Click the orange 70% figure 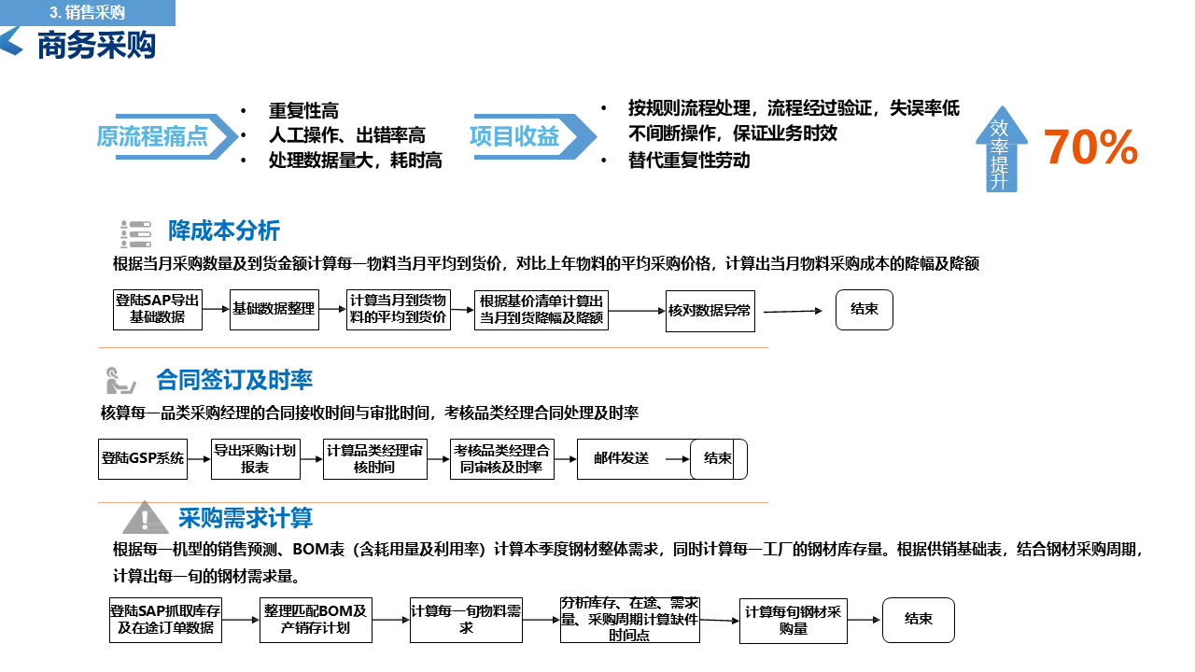pyautogui.click(x=1090, y=147)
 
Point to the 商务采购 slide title pyautogui.click(x=96, y=44)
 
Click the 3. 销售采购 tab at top pyautogui.click(x=88, y=12)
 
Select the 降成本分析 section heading pyautogui.click(x=224, y=231)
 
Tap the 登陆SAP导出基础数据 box pyautogui.click(x=157, y=309)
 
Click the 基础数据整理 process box pyautogui.click(x=274, y=309)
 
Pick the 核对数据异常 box pyautogui.click(x=710, y=310)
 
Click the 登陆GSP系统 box pyautogui.click(x=142, y=458)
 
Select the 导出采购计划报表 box pyautogui.click(x=255, y=458)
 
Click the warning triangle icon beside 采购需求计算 pyautogui.click(x=145, y=518)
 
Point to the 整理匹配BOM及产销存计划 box pyautogui.click(x=316, y=620)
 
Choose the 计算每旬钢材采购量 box pyautogui.click(x=793, y=620)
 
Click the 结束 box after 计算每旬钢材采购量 pyautogui.click(x=919, y=620)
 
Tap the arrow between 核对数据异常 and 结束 pyautogui.click(x=793, y=311)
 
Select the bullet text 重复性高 pyautogui.click(x=303, y=111)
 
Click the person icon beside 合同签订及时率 pyautogui.click(x=119, y=381)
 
